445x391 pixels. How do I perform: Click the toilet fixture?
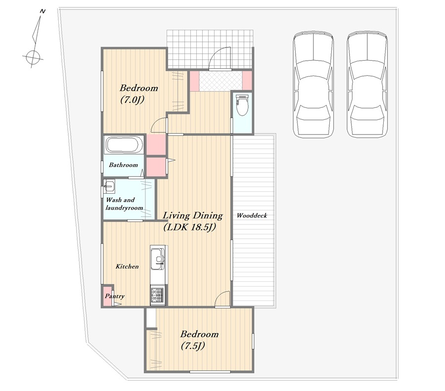(x=242, y=104)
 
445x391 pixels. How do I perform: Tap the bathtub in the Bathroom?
(x=124, y=145)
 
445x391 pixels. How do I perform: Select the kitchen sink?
(x=157, y=259)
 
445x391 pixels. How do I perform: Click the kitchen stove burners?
(x=157, y=296)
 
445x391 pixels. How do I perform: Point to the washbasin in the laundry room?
(x=109, y=186)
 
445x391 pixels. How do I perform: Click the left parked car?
(x=313, y=85)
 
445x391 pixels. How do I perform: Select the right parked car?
(x=367, y=85)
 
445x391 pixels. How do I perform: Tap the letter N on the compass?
(x=43, y=11)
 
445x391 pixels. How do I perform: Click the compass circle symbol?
(x=33, y=58)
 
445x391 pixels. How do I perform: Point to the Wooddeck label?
(x=252, y=216)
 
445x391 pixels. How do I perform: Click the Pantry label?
(x=115, y=296)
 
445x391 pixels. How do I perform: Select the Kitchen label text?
(x=127, y=266)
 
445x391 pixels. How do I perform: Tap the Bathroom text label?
(x=124, y=165)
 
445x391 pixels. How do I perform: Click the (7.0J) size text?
(x=133, y=99)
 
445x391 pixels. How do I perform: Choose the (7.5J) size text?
(x=193, y=346)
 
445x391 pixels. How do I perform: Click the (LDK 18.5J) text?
(x=190, y=227)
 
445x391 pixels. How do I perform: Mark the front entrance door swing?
(x=220, y=58)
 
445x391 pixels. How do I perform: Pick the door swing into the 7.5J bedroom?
(x=222, y=299)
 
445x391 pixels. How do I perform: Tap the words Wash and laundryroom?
(x=124, y=204)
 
